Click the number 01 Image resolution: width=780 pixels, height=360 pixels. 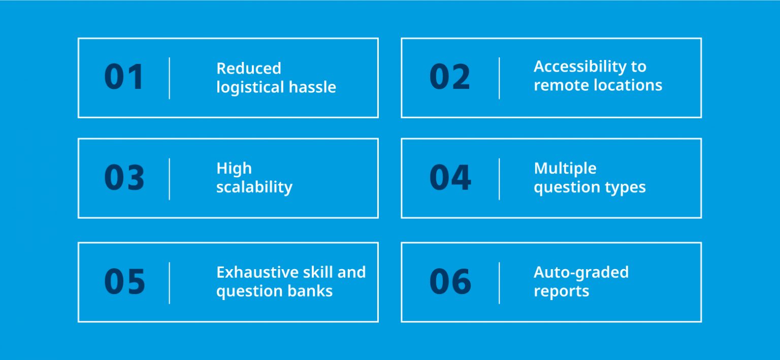click(124, 77)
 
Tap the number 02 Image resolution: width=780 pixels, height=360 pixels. click(450, 77)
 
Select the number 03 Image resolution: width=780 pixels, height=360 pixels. click(124, 178)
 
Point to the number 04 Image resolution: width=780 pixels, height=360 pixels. click(450, 178)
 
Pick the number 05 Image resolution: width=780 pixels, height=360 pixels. click(124, 282)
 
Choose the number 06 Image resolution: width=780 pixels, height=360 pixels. click(450, 282)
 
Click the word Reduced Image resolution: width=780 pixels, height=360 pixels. click(248, 68)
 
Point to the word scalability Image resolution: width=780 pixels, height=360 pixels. click(254, 187)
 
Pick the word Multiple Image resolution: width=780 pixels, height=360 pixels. click(565, 168)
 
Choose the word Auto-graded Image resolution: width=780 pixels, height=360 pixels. click(581, 272)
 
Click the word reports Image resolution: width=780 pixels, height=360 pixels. click(561, 291)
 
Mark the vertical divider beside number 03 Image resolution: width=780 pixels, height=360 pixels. click(169, 179)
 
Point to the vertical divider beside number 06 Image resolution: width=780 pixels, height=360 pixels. click(499, 283)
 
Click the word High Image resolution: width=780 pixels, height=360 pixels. click(234, 168)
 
